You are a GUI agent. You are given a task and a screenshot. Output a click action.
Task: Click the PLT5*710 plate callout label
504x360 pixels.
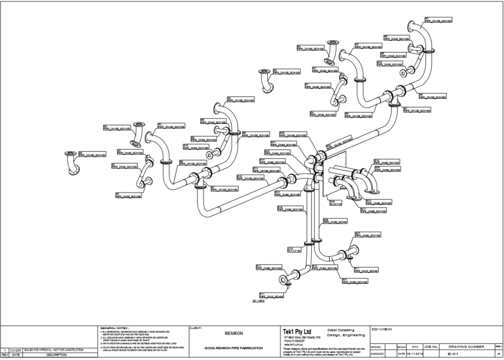coord(336,202)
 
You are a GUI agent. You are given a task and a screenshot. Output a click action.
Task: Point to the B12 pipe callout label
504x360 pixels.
coord(269,268)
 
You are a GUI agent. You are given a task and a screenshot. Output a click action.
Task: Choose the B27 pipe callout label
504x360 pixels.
coord(368,235)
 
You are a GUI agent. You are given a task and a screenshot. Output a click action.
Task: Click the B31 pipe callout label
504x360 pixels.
coord(355,281)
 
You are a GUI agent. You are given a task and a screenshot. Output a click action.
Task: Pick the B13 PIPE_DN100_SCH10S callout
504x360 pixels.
coord(266,170)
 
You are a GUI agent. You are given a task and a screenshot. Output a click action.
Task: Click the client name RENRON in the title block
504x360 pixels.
coord(234,333)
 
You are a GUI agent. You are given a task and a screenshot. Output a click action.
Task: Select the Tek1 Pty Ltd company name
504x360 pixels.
coord(297,332)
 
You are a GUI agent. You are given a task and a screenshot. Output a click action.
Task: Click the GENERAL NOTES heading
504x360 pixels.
coord(114,328)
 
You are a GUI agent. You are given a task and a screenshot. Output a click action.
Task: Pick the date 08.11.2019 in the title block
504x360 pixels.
coord(414,354)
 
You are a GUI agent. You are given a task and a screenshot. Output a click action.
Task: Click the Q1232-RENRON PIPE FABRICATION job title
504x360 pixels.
coord(234,348)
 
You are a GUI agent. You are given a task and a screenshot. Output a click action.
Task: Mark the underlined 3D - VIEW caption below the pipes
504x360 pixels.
coord(258,301)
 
